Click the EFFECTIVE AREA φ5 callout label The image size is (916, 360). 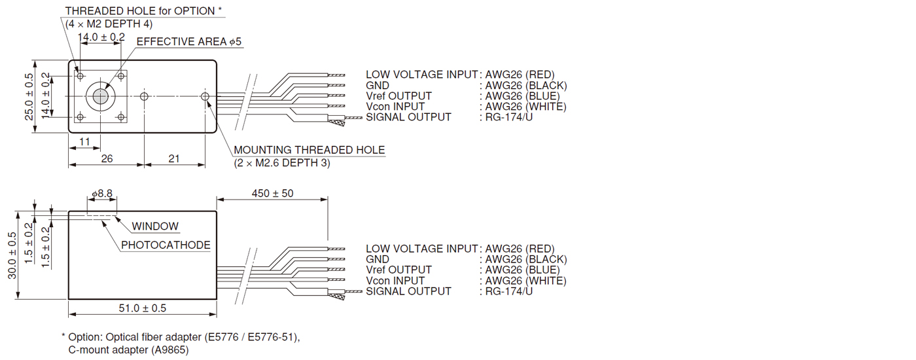click(x=188, y=42)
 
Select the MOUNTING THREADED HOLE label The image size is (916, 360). click(x=309, y=151)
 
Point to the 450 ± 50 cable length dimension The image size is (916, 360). click(x=273, y=193)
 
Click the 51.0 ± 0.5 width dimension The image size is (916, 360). click(x=142, y=308)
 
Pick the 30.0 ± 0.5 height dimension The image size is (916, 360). click(x=12, y=255)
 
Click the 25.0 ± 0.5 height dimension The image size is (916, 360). click(x=29, y=97)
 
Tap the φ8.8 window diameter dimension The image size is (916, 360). click(x=102, y=194)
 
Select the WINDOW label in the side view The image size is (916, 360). click(x=155, y=226)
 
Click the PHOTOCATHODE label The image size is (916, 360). click(x=166, y=245)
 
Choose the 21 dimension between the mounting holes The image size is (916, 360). click(x=174, y=158)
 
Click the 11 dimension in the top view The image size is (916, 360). click(x=84, y=142)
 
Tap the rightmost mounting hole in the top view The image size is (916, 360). click(x=205, y=97)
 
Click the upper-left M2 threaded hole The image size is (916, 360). click(x=80, y=77)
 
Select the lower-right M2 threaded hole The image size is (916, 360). click(x=120, y=117)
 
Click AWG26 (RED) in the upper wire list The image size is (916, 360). click(x=520, y=75)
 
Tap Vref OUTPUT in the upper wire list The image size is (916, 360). click(x=398, y=96)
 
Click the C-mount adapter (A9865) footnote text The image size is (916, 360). click(x=128, y=350)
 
